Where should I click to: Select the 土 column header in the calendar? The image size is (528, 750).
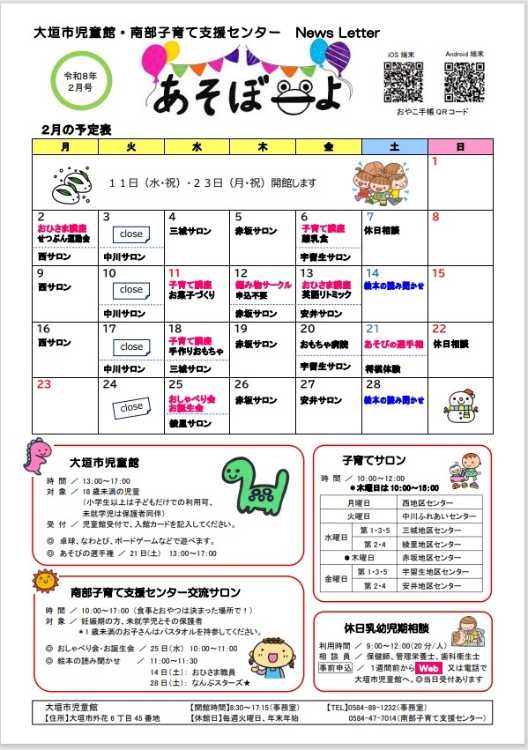[394, 146]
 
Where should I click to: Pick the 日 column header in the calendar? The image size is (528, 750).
[459, 146]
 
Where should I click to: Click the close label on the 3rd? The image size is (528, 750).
[131, 234]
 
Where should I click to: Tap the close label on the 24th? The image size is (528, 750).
[131, 407]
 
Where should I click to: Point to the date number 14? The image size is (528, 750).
[373, 273]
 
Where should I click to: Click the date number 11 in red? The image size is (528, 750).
[175, 273]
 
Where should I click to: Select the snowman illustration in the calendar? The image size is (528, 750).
[459, 406]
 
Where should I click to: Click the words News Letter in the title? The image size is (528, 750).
[338, 33]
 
